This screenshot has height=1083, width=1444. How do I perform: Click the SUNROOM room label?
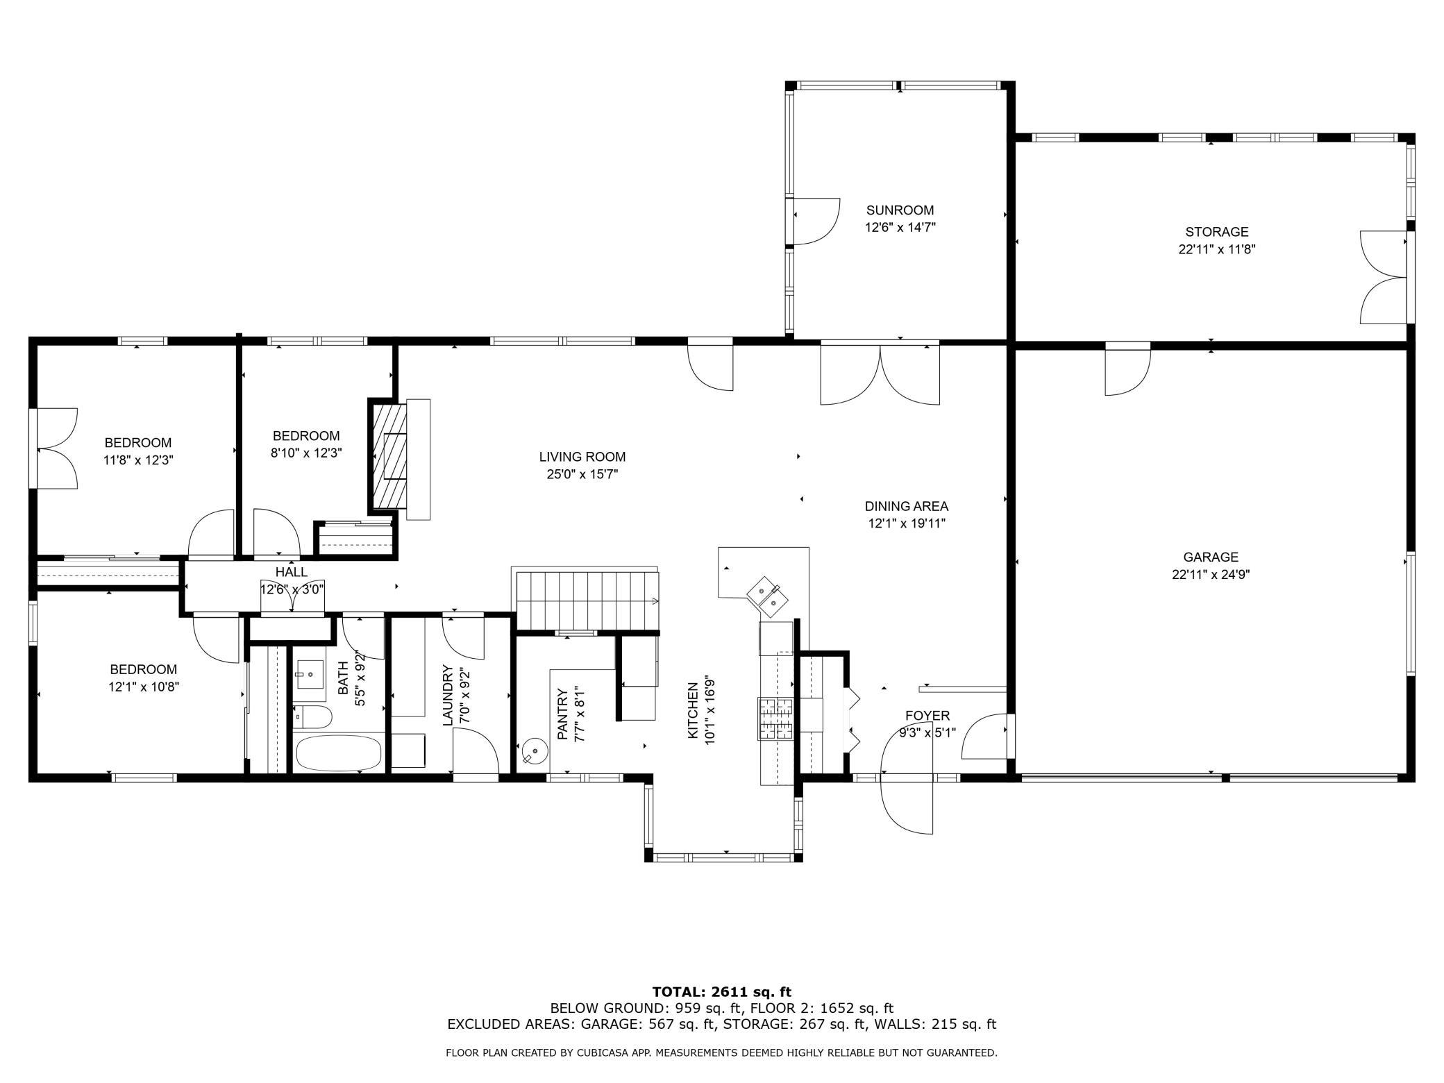900,210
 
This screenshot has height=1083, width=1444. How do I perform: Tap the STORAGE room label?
1216,232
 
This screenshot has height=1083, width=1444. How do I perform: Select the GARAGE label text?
1211,557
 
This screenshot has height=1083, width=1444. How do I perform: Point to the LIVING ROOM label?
582,457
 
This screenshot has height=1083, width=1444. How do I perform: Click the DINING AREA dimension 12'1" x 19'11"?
907,523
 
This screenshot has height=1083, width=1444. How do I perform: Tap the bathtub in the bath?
339,753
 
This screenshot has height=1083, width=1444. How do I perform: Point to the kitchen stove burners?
775,719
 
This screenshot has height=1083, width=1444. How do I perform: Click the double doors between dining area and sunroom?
880,373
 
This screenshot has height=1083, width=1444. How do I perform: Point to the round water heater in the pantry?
533,751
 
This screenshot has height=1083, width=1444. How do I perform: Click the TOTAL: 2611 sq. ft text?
721,992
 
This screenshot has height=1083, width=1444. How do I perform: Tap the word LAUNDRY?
448,696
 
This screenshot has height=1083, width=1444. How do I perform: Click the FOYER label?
927,716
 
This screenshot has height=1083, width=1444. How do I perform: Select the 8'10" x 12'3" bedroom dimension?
307,453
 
